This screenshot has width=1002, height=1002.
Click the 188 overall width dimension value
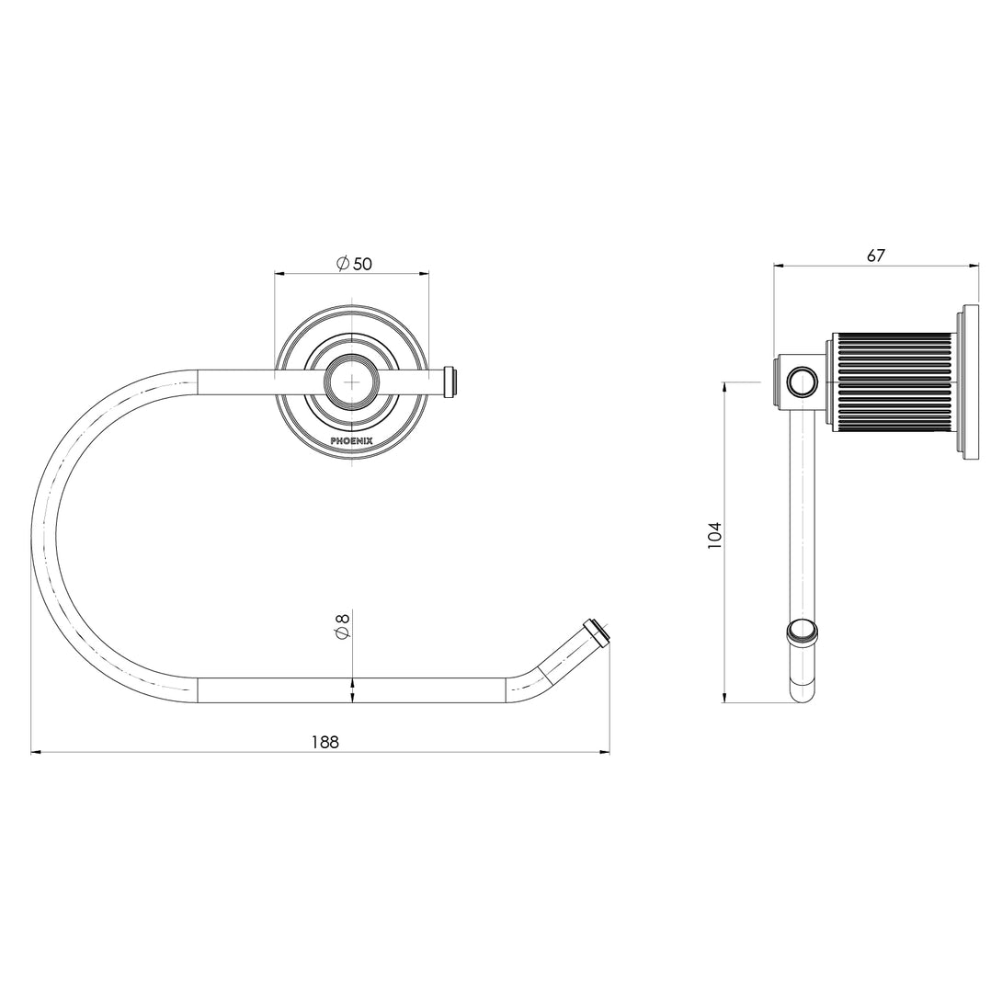pyautogui.click(x=324, y=742)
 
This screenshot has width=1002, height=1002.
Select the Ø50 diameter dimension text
pyautogui.click(x=354, y=264)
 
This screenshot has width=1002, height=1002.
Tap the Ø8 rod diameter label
pyautogui.click(x=342, y=629)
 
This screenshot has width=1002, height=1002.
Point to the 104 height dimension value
pyautogui.click(x=715, y=536)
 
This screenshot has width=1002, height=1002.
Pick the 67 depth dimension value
pyautogui.click(x=875, y=256)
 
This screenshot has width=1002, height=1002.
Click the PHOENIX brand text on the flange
pyautogui.click(x=352, y=441)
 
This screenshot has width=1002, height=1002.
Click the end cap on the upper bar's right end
pyautogui.click(x=450, y=381)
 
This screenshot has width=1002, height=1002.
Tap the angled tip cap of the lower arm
pyautogui.click(x=597, y=633)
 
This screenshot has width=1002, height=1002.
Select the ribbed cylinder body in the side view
pyautogui.click(x=892, y=381)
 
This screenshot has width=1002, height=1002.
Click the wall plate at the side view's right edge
pyautogui.click(x=969, y=381)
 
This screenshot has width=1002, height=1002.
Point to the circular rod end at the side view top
pyautogui.click(x=803, y=381)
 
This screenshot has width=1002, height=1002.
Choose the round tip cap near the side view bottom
pyautogui.click(x=802, y=631)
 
